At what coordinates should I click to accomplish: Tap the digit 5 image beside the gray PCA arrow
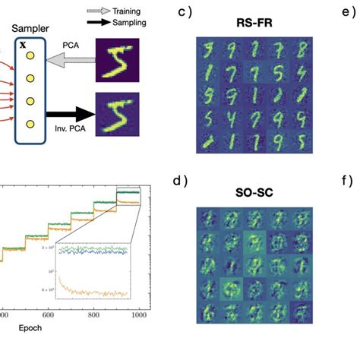coord(118,60)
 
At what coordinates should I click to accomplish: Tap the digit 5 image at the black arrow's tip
coord(118,114)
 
